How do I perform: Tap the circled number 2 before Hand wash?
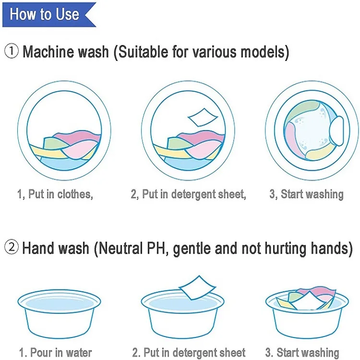[x=12, y=248]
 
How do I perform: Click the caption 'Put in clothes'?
[x=55, y=194]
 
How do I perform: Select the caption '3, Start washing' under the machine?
[x=306, y=194]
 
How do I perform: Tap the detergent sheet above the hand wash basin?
[x=197, y=288]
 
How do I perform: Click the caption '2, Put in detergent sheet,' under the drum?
[x=188, y=194]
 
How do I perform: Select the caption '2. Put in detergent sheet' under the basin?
[x=188, y=352]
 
